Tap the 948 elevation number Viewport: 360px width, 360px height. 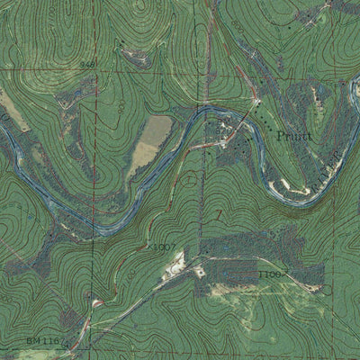[x=87, y=65]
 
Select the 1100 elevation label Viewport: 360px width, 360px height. [x=270, y=272]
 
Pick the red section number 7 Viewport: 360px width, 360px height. [x=219, y=214]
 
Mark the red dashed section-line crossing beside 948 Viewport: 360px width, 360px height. [x=96, y=66]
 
